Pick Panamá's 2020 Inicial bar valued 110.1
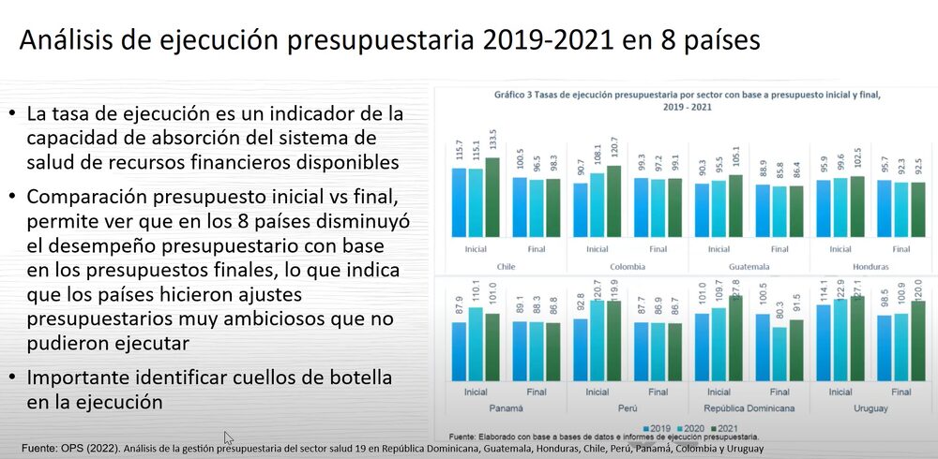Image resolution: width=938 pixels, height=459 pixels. [476, 342]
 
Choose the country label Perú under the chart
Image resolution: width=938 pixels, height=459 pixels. [628, 407]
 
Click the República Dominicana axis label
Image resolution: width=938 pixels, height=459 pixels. [749, 407]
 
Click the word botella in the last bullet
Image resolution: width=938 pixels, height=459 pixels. [349, 378]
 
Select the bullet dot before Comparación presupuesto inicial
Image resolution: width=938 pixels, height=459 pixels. [11, 198]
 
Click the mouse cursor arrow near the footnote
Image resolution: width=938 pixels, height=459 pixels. [228, 437]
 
